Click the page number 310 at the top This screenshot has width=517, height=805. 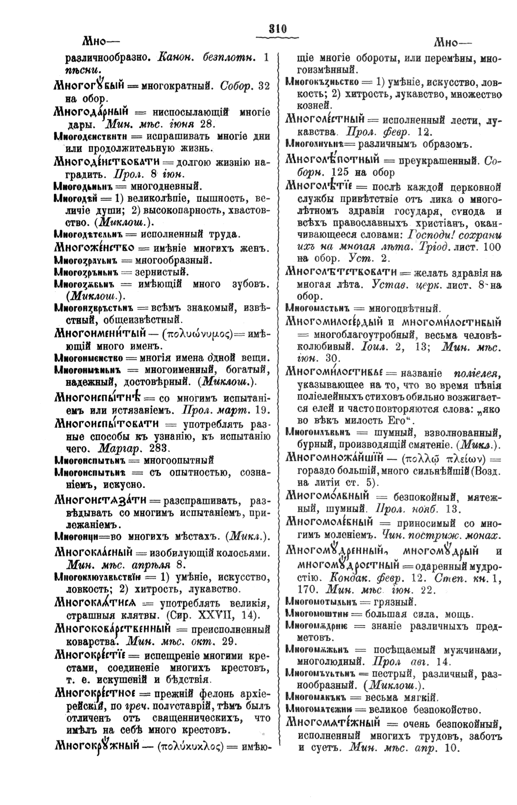pos(277,28)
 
